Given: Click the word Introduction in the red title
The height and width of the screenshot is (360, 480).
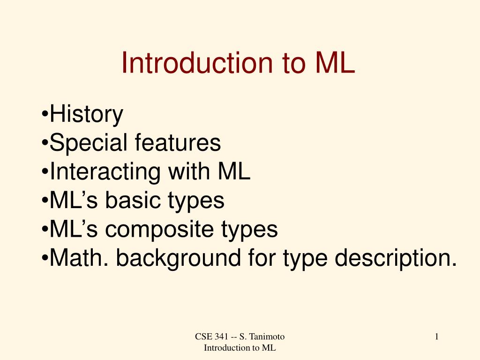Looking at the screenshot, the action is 197,63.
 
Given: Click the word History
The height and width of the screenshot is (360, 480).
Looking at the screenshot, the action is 86,114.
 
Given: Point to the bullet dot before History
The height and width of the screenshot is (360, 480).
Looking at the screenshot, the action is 45,115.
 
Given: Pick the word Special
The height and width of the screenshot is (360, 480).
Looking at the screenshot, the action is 88,143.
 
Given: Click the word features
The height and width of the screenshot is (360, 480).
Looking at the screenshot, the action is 178,142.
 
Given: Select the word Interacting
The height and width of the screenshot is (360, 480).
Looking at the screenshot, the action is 105,172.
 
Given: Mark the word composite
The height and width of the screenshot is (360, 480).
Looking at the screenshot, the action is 159,230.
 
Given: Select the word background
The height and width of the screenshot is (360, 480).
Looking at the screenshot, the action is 178,259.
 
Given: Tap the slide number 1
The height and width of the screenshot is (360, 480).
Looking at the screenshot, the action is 436,337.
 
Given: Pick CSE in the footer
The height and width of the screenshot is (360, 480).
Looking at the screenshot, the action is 203,337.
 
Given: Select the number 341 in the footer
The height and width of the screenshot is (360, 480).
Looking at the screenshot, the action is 221,337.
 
